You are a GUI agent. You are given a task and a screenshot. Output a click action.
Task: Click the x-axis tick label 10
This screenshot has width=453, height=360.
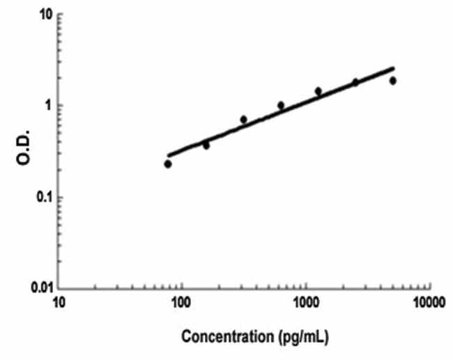tap(59, 304)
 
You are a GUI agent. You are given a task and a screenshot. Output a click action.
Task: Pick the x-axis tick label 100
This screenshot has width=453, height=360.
tap(181, 304)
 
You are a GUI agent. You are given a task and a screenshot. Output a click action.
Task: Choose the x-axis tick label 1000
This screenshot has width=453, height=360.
tap(305, 304)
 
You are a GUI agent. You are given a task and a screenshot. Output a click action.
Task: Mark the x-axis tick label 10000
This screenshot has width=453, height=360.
tap(427, 304)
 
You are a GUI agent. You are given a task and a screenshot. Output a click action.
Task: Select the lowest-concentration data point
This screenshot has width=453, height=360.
tap(168, 164)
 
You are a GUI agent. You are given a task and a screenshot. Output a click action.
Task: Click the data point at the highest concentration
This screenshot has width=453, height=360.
tap(393, 81)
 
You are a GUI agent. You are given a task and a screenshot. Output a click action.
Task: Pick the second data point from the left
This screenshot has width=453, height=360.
tap(206, 146)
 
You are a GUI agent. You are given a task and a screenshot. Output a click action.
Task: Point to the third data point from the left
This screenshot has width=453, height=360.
tap(243, 120)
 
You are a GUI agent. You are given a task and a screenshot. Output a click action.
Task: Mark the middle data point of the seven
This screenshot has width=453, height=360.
tap(281, 106)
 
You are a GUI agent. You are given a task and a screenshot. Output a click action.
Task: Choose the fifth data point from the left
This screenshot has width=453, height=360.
tap(318, 91)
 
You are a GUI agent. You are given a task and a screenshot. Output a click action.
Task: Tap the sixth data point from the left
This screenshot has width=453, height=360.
tap(355, 82)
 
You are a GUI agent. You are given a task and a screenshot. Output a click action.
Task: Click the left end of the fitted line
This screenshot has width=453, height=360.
tap(168, 155)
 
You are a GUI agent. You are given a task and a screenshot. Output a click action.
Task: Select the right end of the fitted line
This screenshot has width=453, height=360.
tap(394, 68)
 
